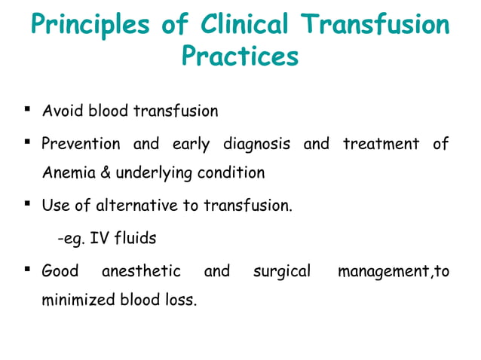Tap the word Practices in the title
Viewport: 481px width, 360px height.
(240, 56)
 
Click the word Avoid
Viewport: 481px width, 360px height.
(63, 112)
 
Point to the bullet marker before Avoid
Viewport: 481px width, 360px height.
(27, 111)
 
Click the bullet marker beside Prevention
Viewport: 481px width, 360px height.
(27, 142)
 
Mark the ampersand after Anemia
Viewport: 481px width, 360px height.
(103, 173)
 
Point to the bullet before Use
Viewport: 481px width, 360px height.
(27, 203)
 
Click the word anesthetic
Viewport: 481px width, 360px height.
(141, 270)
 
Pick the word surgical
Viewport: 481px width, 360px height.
(281, 270)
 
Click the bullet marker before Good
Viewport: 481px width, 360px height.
(27, 269)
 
